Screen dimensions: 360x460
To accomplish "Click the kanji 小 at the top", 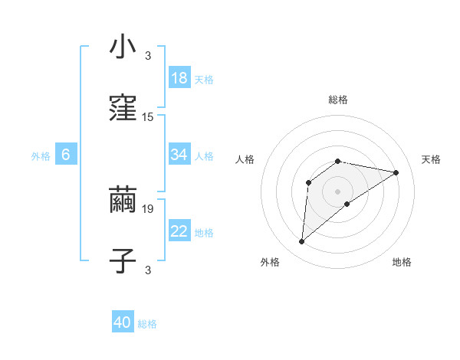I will tap(123, 47).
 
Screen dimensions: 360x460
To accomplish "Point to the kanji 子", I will tap(123, 261).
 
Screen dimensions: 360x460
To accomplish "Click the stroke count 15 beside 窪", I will tap(148, 117).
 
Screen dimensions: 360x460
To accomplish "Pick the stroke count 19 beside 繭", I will tap(148, 208).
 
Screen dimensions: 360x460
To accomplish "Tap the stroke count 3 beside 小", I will tap(148, 55).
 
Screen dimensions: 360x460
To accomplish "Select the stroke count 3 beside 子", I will tap(148, 270).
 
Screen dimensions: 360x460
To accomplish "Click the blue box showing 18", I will tap(179, 78).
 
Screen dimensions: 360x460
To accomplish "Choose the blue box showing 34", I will tap(179, 155).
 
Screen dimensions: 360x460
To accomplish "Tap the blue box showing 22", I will tap(179, 231).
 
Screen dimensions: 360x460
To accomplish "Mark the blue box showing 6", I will tap(66, 155).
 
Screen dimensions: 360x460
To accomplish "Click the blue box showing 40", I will tap(123, 323).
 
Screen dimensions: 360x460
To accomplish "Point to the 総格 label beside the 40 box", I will tap(147, 324).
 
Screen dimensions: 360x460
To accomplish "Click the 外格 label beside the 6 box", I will tap(41, 155).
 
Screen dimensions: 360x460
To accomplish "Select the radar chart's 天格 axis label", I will tap(431, 159).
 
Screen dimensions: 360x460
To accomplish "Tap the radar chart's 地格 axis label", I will tap(402, 262).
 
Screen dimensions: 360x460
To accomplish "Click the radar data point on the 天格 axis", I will tap(396, 172).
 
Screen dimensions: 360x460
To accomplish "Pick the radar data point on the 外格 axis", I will tap(301, 242).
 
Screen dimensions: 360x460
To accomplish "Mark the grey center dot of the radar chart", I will tap(338, 191).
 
